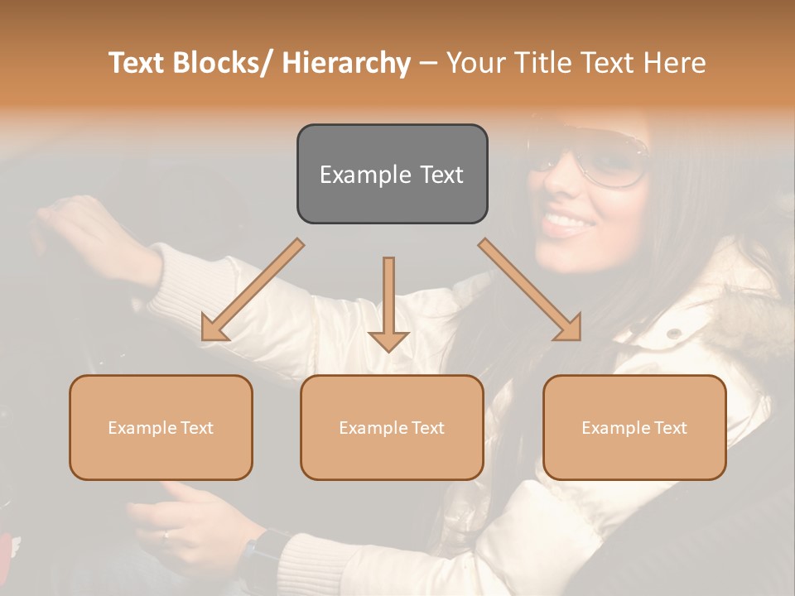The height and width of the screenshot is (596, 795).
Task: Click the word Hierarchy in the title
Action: (x=346, y=63)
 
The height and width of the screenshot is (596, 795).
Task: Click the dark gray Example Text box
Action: (x=392, y=175)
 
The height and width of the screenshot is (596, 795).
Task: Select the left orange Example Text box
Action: (x=161, y=428)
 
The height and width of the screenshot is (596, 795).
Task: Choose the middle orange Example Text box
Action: (x=392, y=428)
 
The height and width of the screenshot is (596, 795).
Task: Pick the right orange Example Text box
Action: (x=634, y=428)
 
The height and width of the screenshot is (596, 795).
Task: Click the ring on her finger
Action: (x=166, y=535)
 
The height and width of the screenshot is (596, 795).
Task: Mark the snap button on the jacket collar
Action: (x=675, y=333)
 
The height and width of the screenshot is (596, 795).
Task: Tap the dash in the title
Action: (x=428, y=63)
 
